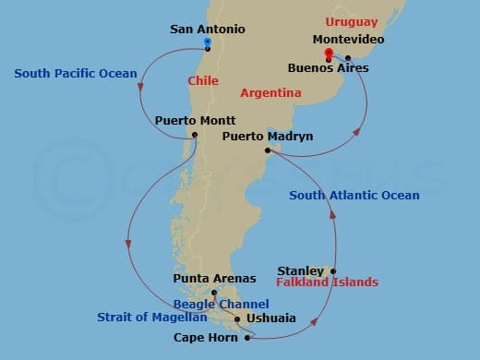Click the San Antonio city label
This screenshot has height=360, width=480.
point(208,29)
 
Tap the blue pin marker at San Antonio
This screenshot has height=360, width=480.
point(208,42)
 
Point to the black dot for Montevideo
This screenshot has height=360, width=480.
point(348,56)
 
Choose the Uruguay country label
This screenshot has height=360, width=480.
point(351,20)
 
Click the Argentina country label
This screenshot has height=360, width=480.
point(270,93)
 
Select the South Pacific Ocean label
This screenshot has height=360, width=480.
point(76,73)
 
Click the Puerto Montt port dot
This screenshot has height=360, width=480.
point(195,135)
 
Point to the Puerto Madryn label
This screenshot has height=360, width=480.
point(268,137)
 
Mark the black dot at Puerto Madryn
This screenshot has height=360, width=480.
point(267,150)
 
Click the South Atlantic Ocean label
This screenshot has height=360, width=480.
point(354,195)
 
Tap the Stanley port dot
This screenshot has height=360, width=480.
point(333,271)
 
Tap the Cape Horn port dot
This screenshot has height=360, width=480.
point(247,338)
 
